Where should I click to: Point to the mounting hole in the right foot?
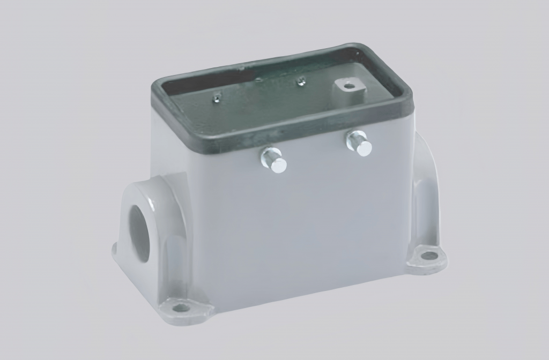pyautogui.click(x=428, y=256)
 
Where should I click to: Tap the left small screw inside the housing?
pyautogui.click(x=217, y=96)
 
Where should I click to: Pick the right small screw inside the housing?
pyautogui.click(x=301, y=81)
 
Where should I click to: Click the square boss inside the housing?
pyautogui.click(x=348, y=88)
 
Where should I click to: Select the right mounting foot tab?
pyautogui.click(x=427, y=258)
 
